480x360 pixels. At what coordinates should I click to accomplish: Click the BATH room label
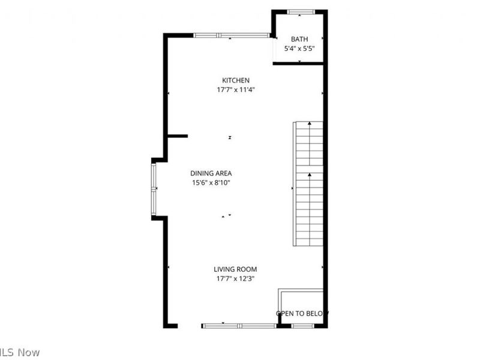(x=299, y=39)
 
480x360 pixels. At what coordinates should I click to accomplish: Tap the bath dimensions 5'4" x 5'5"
(x=299, y=49)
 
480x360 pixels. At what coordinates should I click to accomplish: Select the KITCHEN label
(x=236, y=80)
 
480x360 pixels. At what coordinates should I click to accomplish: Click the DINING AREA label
(x=211, y=173)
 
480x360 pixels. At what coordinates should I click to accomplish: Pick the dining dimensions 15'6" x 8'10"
(x=211, y=182)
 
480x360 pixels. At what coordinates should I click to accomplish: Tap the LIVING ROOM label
(x=235, y=269)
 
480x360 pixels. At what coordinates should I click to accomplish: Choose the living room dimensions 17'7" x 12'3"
(x=235, y=278)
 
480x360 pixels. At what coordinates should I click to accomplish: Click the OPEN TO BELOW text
(x=302, y=313)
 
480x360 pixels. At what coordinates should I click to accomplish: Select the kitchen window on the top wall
(x=231, y=35)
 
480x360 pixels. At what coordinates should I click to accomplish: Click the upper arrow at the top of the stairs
(x=310, y=124)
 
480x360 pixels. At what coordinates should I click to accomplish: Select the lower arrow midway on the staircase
(x=310, y=175)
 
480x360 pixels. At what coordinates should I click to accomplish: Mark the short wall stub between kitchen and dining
(x=177, y=136)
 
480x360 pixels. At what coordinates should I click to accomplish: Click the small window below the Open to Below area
(x=302, y=326)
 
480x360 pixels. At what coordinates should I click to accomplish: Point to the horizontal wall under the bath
(x=298, y=62)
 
